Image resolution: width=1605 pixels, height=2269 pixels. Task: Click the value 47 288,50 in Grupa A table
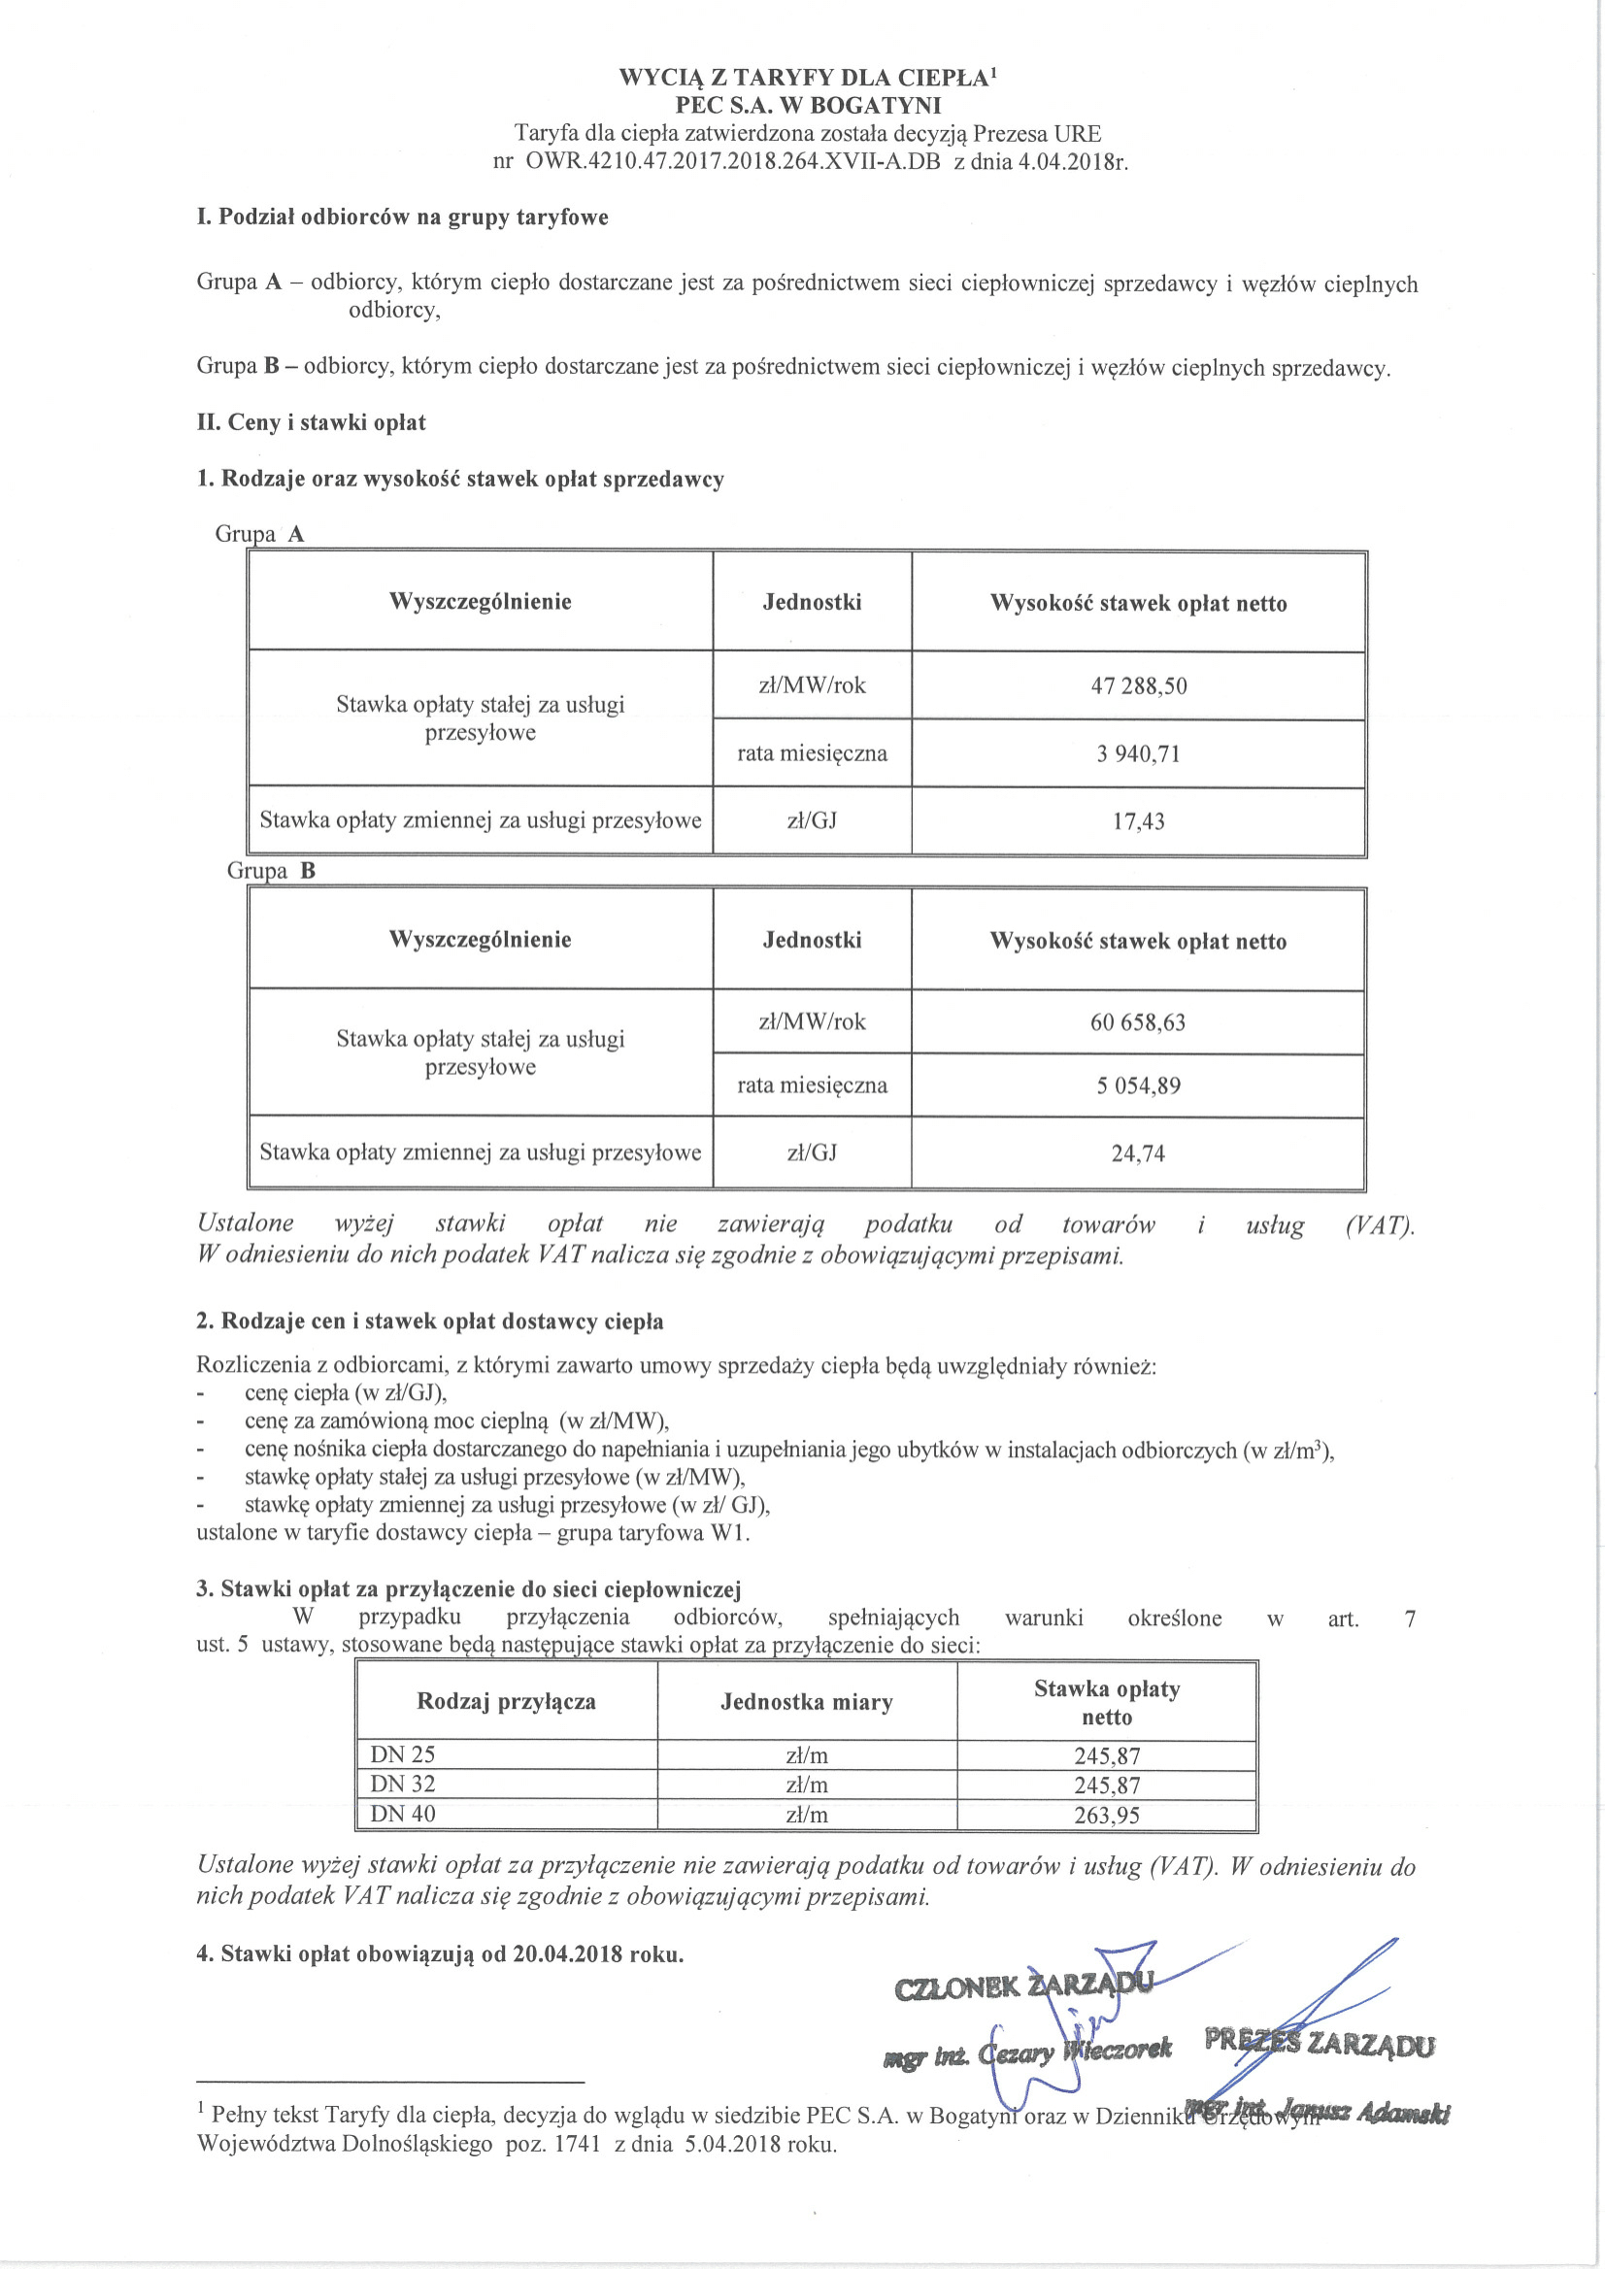pyautogui.click(x=1139, y=685)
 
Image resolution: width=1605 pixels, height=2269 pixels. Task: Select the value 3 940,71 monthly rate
pyautogui.click(x=1139, y=754)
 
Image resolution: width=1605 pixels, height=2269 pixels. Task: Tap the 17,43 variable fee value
pyautogui.click(x=1139, y=821)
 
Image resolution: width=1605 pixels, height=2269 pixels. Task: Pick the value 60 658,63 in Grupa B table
pyautogui.click(x=1138, y=1022)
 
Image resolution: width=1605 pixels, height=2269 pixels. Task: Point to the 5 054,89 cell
pyautogui.click(x=1138, y=1086)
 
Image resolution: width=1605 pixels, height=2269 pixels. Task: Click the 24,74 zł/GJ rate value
pyautogui.click(x=1138, y=1153)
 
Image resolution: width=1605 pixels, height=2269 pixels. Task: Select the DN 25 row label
pyautogui.click(x=402, y=1755)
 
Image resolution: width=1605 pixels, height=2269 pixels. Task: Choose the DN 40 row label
pyautogui.click(x=402, y=1815)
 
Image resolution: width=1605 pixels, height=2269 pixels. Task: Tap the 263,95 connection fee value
pyautogui.click(x=1107, y=1816)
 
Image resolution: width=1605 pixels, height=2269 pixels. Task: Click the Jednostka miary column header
pyautogui.click(x=807, y=1702)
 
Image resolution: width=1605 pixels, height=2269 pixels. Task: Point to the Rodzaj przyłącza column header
pyautogui.click(x=506, y=1702)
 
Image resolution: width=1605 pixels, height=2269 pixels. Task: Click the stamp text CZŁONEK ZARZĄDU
pyautogui.click(x=1022, y=1986)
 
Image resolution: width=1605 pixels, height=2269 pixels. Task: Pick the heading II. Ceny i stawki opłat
pyautogui.click(x=312, y=423)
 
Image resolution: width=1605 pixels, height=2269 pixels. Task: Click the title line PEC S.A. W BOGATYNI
pyautogui.click(x=808, y=106)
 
